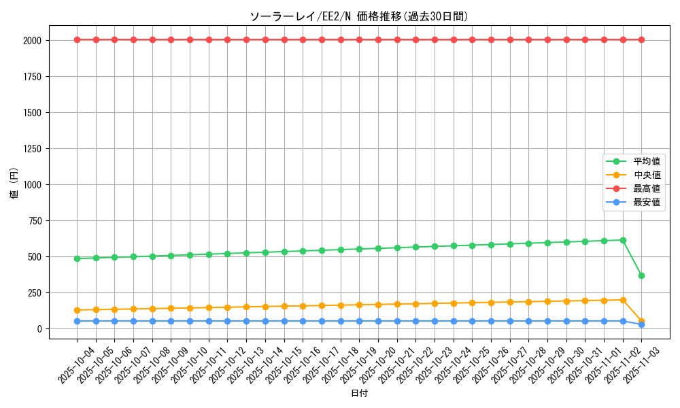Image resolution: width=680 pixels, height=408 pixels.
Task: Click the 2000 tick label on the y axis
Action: [32, 40]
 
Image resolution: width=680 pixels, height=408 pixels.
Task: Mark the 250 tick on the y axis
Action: [35, 292]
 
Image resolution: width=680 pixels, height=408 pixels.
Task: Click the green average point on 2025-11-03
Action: [641, 275]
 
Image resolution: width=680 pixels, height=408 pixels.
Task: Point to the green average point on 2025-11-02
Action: [623, 240]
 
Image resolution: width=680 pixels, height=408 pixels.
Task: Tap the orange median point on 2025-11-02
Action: [623, 300]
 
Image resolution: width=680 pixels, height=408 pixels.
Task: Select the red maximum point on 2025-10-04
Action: [77, 39]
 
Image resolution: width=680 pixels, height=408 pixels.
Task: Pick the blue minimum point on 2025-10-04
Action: [77, 321]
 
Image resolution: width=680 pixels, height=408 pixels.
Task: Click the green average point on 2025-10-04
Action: [77, 258]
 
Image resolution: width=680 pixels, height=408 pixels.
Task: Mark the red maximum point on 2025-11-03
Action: [641, 39]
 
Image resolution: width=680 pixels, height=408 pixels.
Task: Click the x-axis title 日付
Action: [359, 394]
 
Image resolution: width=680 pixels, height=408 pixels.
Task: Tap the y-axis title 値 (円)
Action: [14, 184]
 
